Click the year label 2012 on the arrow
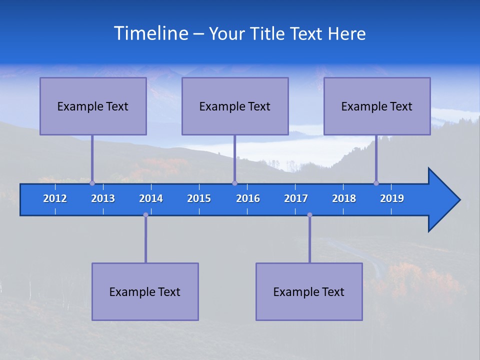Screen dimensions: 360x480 (55, 198)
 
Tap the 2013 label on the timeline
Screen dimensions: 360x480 (103, 198)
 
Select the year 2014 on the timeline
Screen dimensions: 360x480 (151, 198)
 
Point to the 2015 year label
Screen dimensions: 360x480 (199, 198)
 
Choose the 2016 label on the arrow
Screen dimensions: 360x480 (248, 198)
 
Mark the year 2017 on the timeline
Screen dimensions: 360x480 (296, 198)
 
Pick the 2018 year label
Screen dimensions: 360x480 (344, 198)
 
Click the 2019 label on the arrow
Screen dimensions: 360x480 (392, 198)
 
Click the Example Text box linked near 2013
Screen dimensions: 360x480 (93, 106)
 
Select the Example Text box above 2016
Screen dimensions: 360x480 (235, 106)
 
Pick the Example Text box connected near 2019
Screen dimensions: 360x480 (377, 106)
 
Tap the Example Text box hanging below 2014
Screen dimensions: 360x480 (145, 291)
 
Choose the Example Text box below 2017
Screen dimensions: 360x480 (309, 291)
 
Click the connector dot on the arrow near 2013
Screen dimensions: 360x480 (92, 183)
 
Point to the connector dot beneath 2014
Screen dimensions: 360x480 (145, 215)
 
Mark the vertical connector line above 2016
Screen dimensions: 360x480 (234, 158)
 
